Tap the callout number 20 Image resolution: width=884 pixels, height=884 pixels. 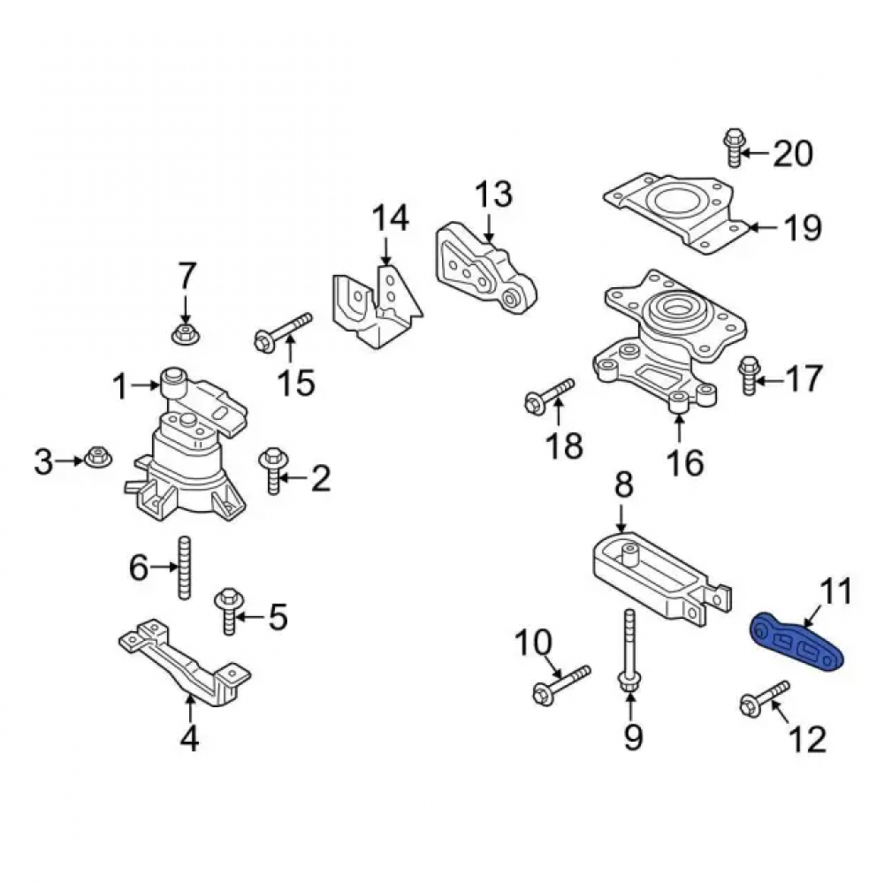pos(792,153)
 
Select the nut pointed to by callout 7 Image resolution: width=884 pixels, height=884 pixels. pos(184,334)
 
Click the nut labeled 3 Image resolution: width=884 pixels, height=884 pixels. pos(98,460)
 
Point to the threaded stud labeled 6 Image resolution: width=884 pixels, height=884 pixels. pos(185,568)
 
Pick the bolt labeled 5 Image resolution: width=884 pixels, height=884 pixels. pos(229,611)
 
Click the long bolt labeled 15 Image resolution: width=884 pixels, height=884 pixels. pos(283,332)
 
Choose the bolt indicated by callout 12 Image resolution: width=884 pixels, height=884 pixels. pos(764,697)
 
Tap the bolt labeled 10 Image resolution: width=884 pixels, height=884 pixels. pos(561,684)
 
